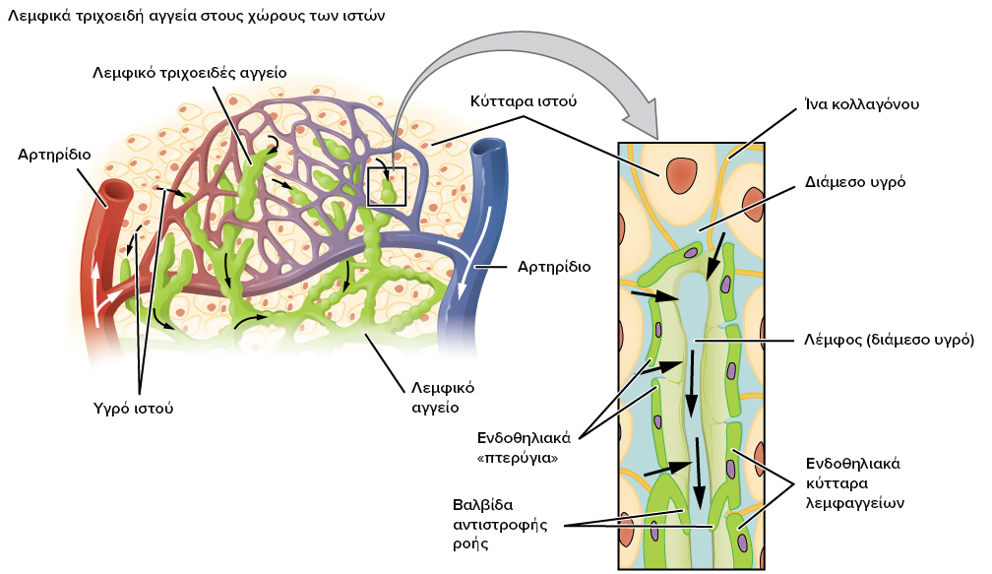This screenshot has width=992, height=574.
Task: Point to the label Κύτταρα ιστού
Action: point(522,101)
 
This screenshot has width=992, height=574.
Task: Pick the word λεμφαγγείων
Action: point(854,501)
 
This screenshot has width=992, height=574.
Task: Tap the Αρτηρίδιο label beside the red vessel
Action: point(54,155)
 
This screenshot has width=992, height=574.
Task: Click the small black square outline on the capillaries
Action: point(387,186)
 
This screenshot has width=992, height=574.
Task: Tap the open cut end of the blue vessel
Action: point(485,150)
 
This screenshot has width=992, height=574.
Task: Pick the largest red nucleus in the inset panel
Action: point(680,174)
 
